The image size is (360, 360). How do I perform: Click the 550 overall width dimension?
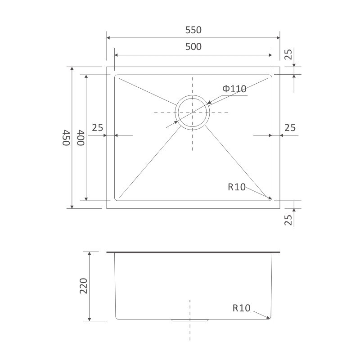pyautogui.click(x=193, y=30)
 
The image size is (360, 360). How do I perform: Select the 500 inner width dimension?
pyautogui.click(x=193, y=47)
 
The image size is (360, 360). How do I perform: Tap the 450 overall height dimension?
pyautogui.click(x=66, y=138)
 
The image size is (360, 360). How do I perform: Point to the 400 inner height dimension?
pyautogui.click(x=81, y=138)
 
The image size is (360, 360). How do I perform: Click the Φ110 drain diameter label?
pyautogui.click(x=234, y=89)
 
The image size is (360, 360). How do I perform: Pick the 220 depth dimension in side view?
pyautogui.click(x=84, y=286)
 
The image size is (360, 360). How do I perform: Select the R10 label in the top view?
pyautogui.click(x=237, y=187)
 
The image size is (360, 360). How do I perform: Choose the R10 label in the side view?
pyautogui.click(x=241, y=308)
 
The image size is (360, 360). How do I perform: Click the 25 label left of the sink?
pyautogui.click(x=98, y=128)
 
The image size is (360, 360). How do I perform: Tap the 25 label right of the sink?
pyautogui.click(x=290, y=128)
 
